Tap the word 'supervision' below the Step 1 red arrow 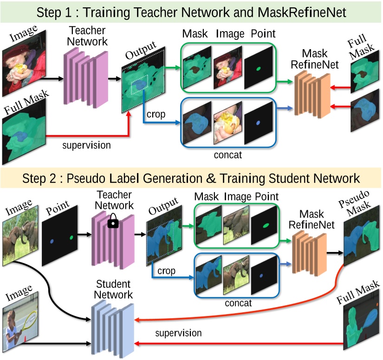coord(87,146)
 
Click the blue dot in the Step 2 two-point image coord(52,241)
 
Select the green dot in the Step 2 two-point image coord(71,238)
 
